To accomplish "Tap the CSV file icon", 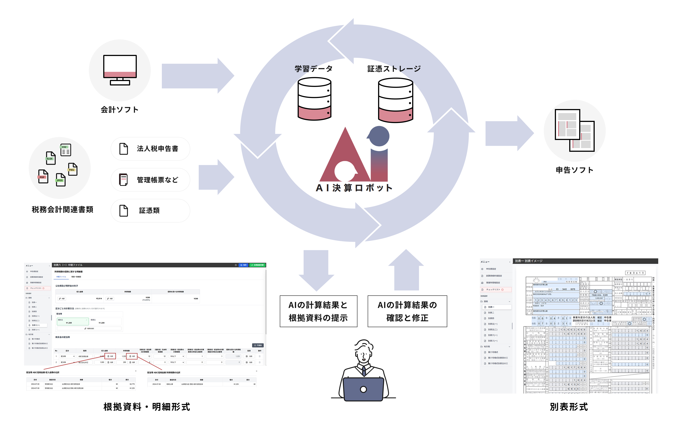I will pos(65,150).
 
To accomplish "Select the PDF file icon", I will pos(43,176).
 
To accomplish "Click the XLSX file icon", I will pos(51,158).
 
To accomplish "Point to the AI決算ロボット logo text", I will pos(354,188).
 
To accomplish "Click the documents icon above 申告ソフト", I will pos(574,130).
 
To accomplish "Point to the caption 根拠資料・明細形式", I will pos(147,407).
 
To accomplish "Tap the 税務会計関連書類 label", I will pos(62,209).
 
